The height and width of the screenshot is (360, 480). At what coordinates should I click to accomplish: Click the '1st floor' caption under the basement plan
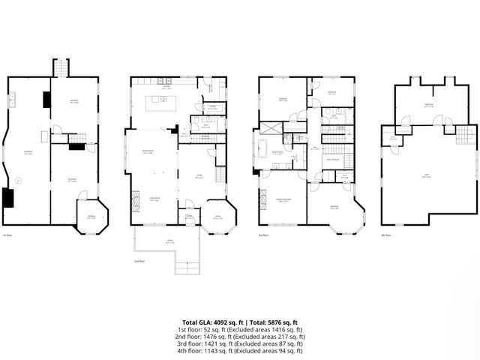(7, 235)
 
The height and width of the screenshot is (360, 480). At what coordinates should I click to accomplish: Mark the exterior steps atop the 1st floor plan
(60, 67)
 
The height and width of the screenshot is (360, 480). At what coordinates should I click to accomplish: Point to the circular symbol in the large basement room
(19, 179)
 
